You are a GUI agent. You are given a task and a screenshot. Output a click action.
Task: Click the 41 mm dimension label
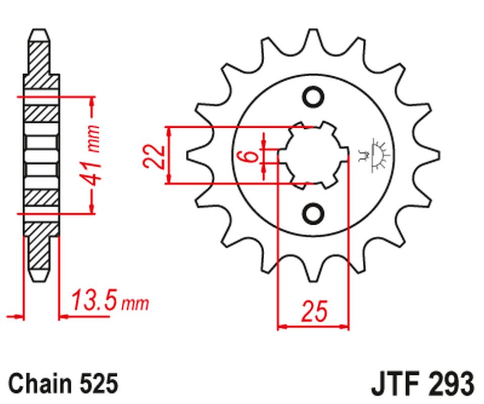pos(89,155)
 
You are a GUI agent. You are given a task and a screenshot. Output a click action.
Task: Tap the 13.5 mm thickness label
pos(110,300)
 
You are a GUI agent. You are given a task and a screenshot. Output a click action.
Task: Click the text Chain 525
pos(63,383)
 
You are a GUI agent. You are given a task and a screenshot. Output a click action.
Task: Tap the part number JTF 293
pos(422,383)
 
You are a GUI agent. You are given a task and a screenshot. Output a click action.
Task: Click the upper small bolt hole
pos(313,97)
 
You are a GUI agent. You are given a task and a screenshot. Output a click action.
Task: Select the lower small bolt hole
pos(313,214)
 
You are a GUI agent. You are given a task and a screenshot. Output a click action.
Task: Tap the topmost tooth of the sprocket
pos(313,42)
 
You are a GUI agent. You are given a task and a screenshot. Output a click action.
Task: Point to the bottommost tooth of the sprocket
pos(313,269)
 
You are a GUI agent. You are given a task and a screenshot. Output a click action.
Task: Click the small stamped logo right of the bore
pos(374,155)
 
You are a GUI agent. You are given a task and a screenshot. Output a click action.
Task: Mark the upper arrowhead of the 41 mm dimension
pos(91,103)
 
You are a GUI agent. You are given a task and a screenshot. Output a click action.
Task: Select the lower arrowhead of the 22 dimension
pos(169,178)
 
